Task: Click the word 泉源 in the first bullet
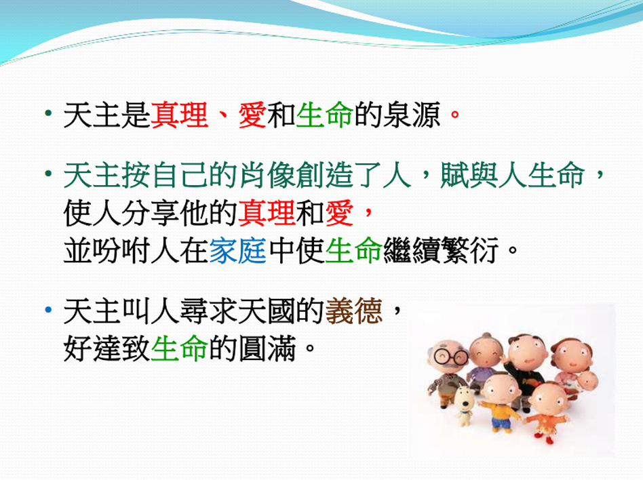pyautogui.click(x=412, y=115)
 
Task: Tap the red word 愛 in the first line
pyautogui.click(x=252, y=115)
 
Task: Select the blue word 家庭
pyautogui.click(x=238, y=250)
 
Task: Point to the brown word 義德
pyautogui.click(x=354, y=311)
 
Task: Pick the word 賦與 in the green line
pyautogui.click(x=469, y=175)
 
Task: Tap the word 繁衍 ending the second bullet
pyautogui.click(x=470, y=250)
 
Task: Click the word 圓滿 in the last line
pyautogui.click(x=267, y=348)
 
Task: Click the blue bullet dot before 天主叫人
pyautogui.click(x=49, y=310)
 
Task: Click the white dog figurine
pyautogui.click(x=465, y=404)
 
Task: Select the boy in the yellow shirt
pyautogui.click(x=499, y=402)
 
